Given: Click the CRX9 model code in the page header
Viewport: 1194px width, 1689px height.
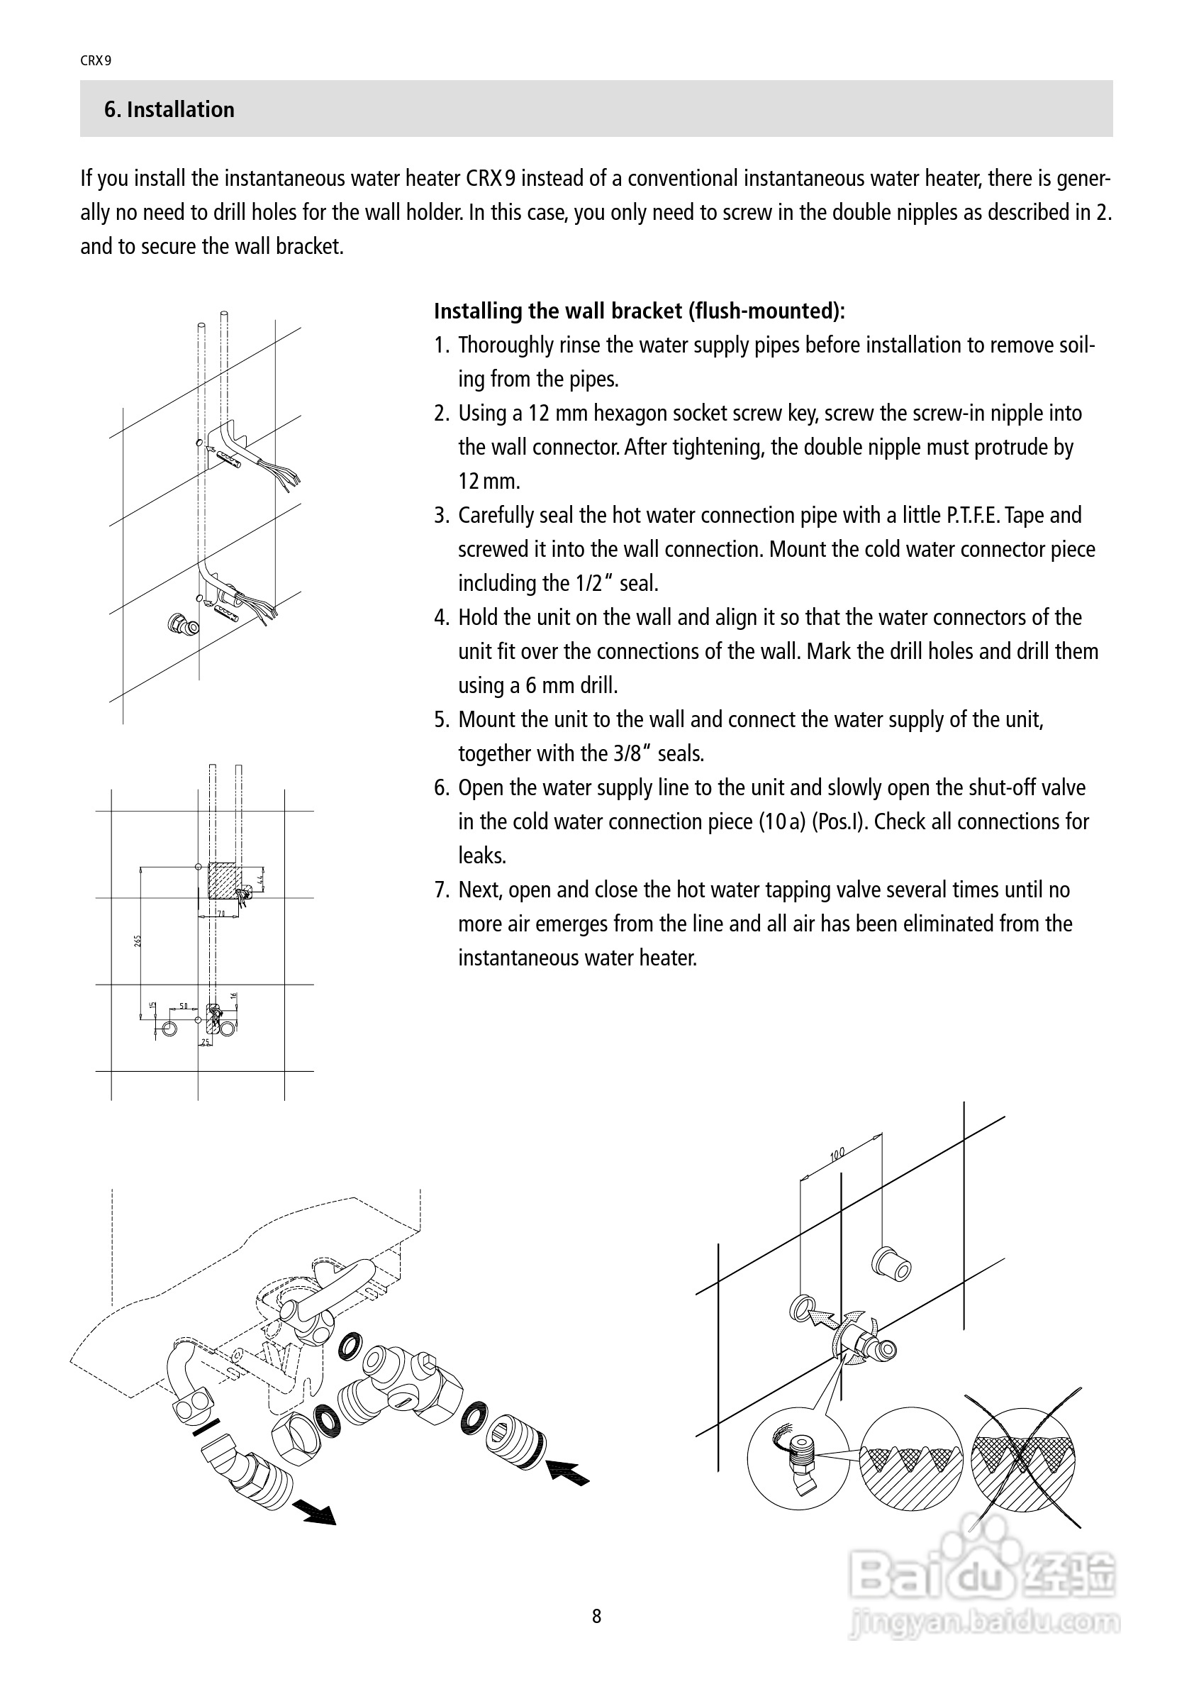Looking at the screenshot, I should click(96, 61).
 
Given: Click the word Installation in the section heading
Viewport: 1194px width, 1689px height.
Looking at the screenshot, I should click(180, 110).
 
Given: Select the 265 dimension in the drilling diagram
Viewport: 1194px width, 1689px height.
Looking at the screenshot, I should click(138, 941).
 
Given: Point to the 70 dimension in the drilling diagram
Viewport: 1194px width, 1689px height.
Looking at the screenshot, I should click(221, 914).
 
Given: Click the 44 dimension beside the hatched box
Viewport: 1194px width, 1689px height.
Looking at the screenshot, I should click(260, 879).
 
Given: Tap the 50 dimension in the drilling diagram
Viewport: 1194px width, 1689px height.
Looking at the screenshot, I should click(183, 1006).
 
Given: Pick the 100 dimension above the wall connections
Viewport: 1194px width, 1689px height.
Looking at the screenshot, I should click(837, 1155).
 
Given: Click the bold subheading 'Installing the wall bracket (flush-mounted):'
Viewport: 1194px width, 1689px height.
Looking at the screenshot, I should click(639, 311).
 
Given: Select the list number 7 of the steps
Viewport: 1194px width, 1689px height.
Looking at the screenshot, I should click(440, 890).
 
